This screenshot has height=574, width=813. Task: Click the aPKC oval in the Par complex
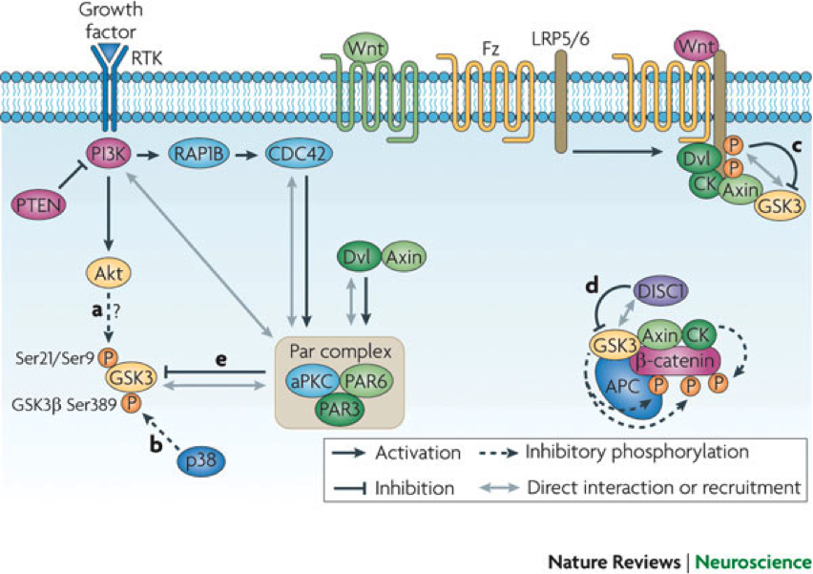[312, 379]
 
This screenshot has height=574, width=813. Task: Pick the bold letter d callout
[593, 284]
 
